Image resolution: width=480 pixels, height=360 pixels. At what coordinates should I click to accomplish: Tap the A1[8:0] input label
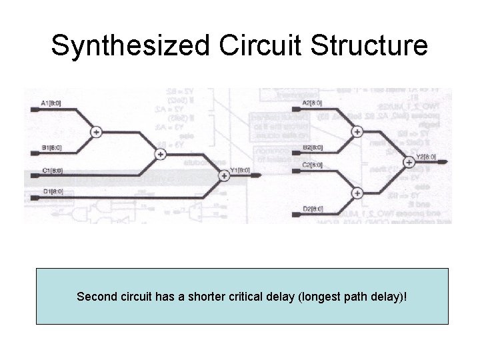click(x=52, y=103)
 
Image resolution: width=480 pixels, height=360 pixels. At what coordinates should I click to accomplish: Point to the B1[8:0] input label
click(x=52, y=147)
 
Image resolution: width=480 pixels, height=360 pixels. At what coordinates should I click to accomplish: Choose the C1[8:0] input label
click(x=52, y=170)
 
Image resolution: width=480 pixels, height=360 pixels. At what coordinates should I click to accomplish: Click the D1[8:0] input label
click(x=52, y=193)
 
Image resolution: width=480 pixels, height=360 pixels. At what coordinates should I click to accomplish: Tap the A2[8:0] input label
click(x=312, y=103)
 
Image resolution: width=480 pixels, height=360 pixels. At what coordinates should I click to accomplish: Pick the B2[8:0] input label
click(x=313, y=147)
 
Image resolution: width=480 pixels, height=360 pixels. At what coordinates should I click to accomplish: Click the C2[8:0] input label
click(x=312, y=165)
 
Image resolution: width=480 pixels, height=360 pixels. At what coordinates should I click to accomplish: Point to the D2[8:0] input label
click(x=313, y=209)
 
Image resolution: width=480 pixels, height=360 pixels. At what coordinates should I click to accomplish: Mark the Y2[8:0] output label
click(x=426, y=157)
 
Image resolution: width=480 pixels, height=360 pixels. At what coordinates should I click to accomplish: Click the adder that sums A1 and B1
click(x=97, y=132)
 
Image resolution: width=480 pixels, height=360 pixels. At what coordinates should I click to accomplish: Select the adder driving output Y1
click(x=223, y=176)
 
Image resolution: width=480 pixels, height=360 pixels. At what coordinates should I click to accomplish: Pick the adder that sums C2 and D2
click(x=357, y=193)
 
